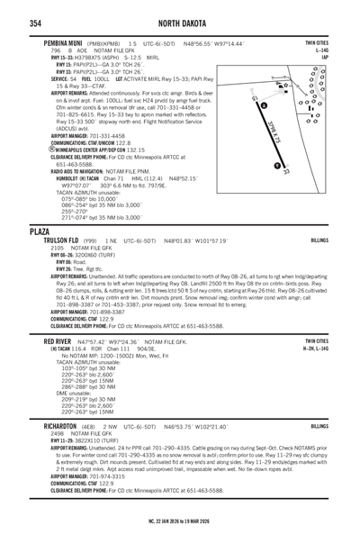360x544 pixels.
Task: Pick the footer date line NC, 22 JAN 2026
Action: pos(180,535)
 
